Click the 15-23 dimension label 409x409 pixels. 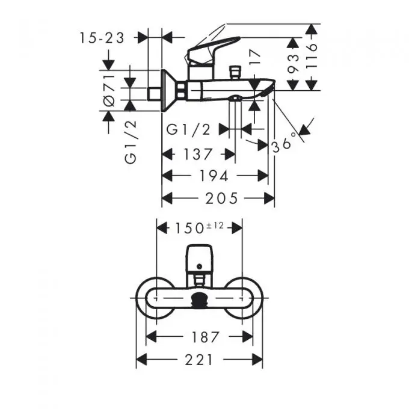pos(102,38)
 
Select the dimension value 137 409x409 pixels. pos(198,155)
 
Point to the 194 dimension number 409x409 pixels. pos(214,176)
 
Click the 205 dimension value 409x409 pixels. pos(221,197)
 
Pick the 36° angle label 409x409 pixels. pos(284,144)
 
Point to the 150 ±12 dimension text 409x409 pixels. pos(198,227)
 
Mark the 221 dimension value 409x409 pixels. pos(199,360)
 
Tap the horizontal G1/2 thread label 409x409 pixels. pos(188,129)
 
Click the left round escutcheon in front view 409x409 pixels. pos(150,297)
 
